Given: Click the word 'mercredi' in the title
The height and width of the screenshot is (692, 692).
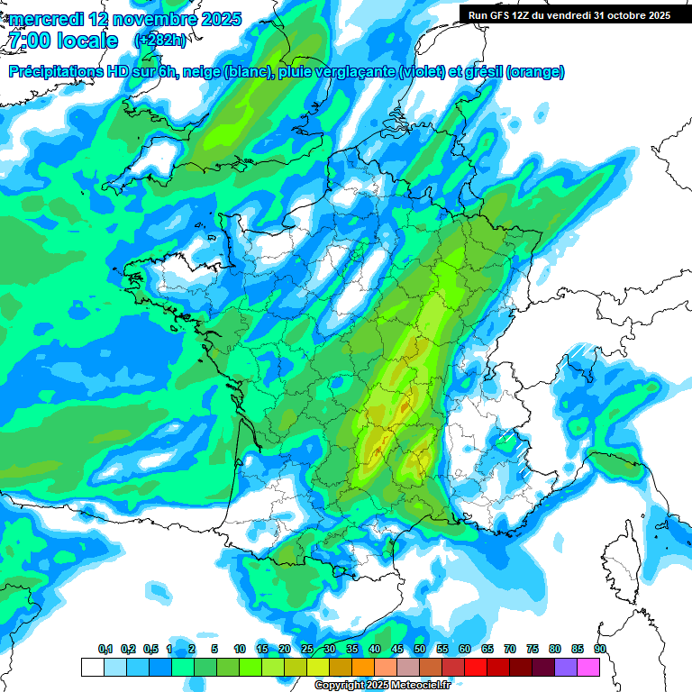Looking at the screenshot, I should [45, 19].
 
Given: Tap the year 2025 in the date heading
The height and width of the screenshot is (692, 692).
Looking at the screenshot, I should [217, 19].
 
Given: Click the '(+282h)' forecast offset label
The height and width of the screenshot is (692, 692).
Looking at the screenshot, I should [162, 41].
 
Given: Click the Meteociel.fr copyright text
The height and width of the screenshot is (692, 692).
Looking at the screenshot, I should [395, 686].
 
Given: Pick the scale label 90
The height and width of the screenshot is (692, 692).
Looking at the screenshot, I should [599, 649].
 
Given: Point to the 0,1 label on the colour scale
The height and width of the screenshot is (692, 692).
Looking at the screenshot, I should [105, 649].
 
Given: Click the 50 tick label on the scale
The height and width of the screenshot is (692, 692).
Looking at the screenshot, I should [420, 649].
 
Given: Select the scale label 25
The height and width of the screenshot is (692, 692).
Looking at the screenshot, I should [307, 649].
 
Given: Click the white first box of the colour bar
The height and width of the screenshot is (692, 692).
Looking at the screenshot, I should [92, 667].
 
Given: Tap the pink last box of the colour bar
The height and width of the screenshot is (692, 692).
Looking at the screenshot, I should [588, 667].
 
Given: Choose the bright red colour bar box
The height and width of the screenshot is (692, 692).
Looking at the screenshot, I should [476, 667].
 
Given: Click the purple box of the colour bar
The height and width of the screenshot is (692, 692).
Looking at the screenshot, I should [566, 667].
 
